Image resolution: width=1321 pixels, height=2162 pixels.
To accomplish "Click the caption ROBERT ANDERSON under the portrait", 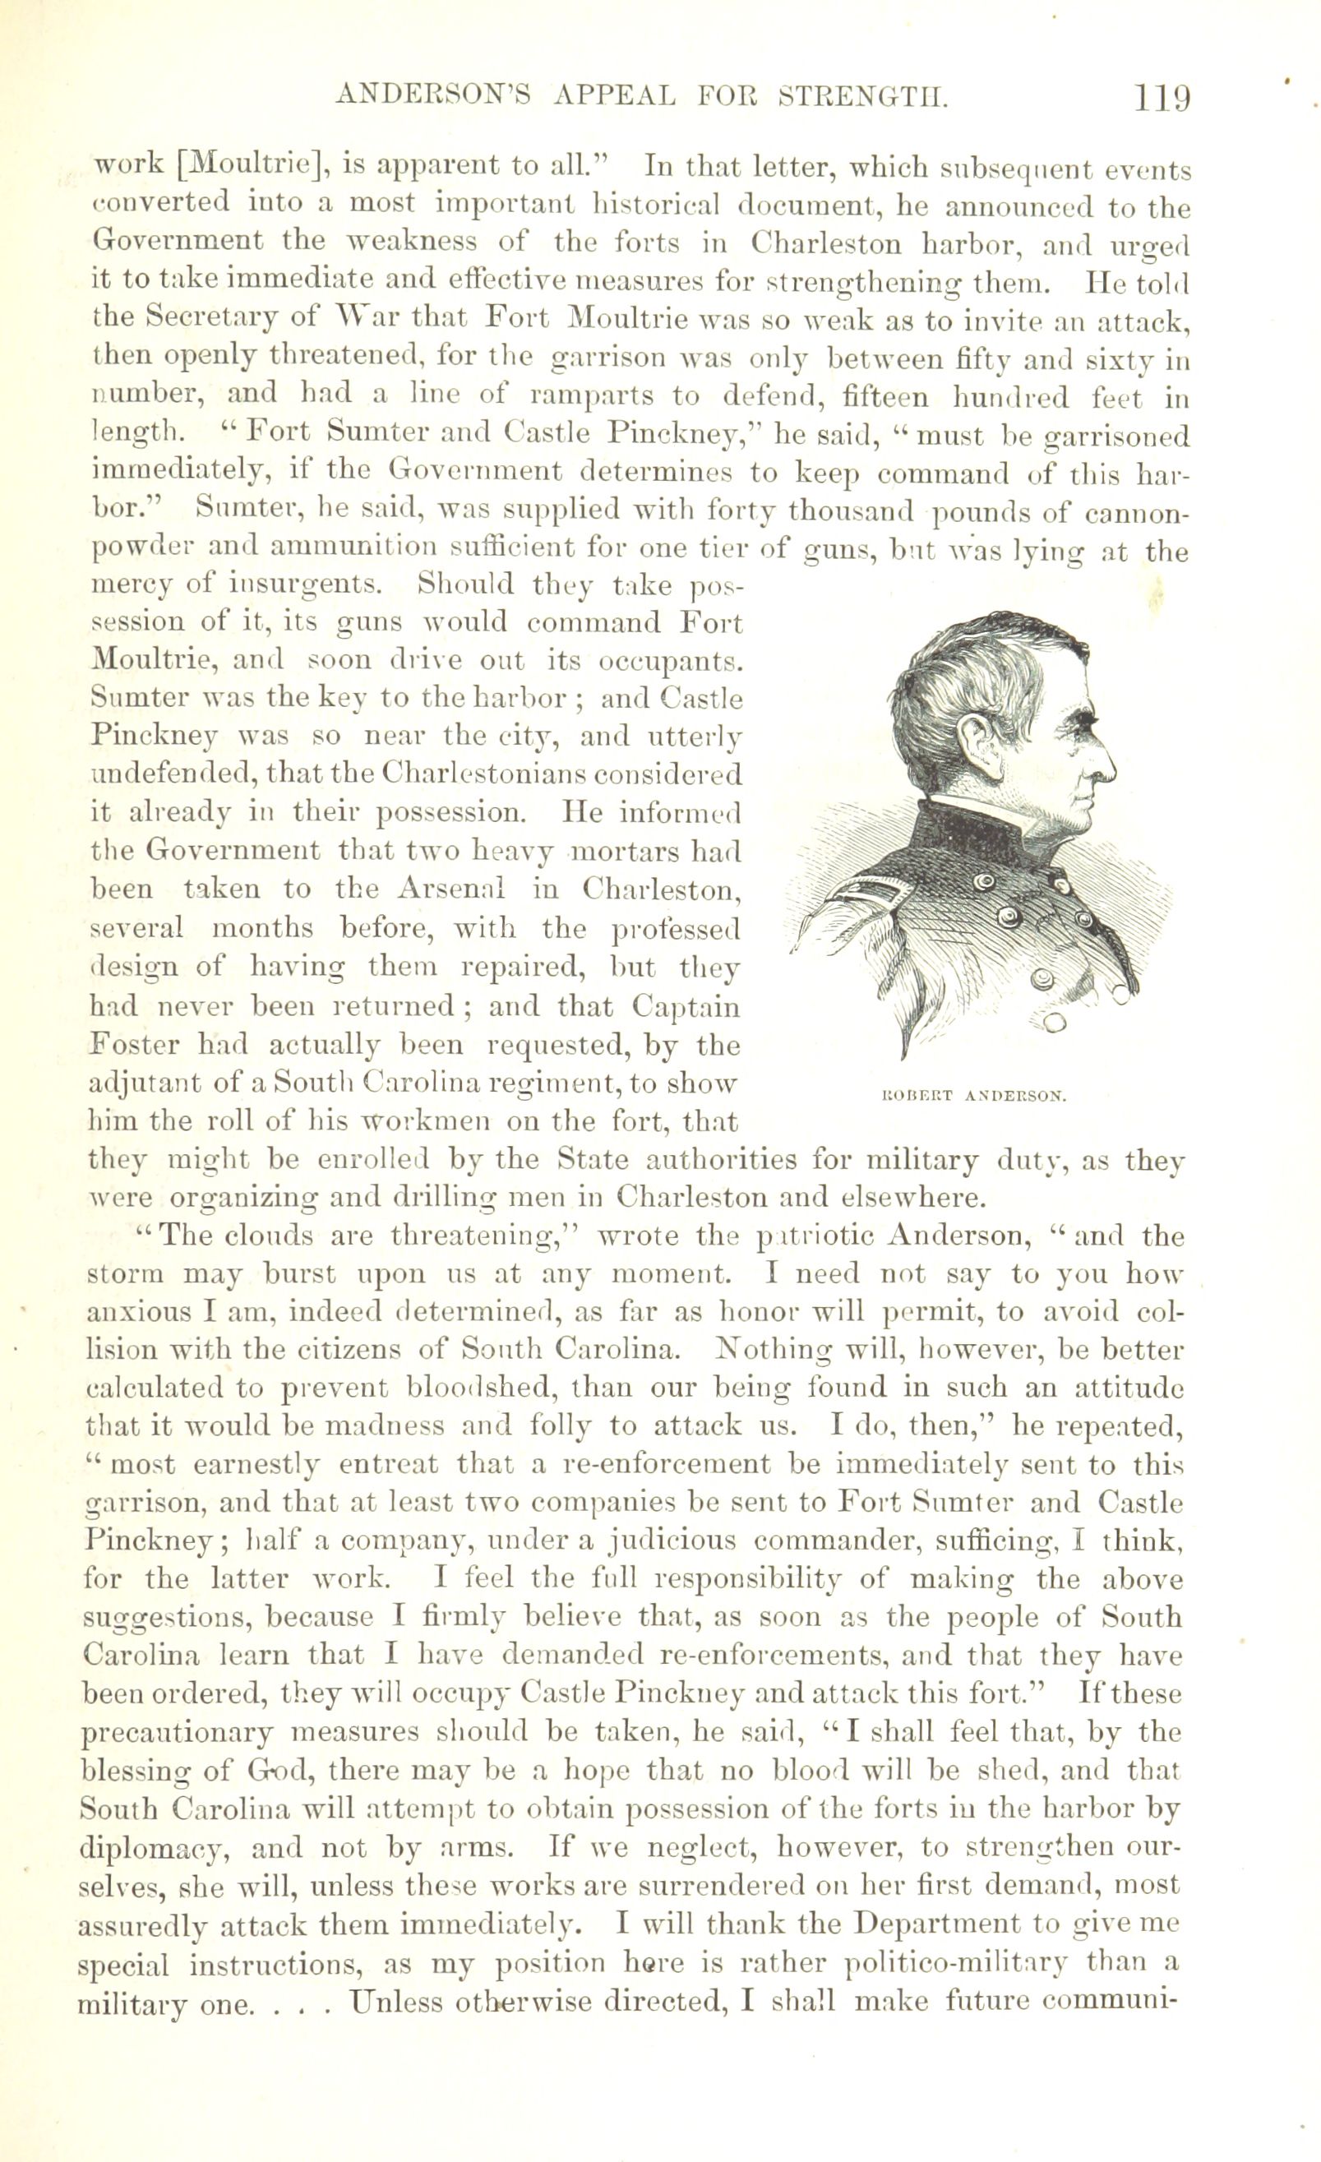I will (x=972, y=1096).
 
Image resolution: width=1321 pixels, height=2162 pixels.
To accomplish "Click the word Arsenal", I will (x=453, y=889).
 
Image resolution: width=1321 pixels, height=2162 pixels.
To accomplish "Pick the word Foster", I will (x=134, y=1044).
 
